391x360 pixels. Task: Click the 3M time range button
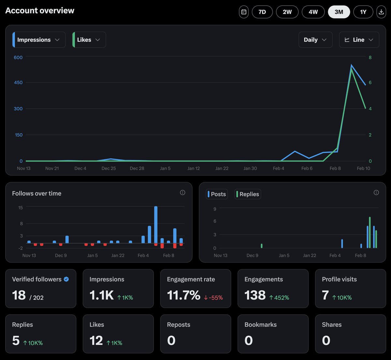(x=339, y=12)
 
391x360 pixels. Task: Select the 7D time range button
(x=262, y=12)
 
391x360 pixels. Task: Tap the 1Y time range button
(x=363, y=12)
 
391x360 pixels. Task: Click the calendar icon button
(x=244, y=12)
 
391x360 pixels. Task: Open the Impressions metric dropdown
(x=39, y=40)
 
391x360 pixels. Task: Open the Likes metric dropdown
(x=89, y=40)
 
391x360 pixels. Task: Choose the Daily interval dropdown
(x=315, y=40)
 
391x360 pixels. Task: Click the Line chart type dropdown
(x=359, y=40)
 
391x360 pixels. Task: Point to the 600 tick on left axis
(x=18, y=57)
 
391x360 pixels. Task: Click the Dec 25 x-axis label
(x=109, y=168)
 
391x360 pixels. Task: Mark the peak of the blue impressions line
(x=351, y=65)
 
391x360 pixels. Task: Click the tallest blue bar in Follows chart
(x=156, y=224)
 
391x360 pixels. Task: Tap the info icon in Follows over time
(x=182, y=192)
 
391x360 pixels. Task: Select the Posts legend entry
(x=217, y=194)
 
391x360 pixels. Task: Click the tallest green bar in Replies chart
(x=369, y=232)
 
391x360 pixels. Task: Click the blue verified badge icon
(x=66, y=279)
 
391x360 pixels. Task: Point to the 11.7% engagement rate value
(x=183, y=295)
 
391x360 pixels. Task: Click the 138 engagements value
(x=255, y=295)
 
